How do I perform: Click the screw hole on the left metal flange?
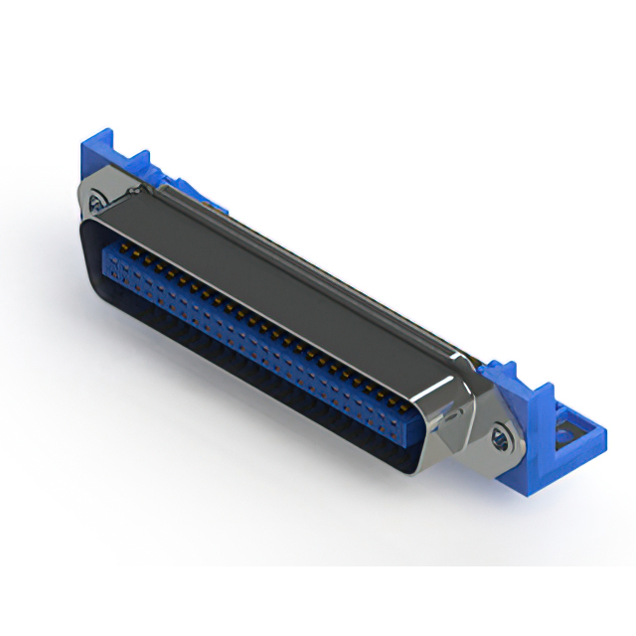pos(95,202)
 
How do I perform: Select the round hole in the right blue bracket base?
pos(565,432)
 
